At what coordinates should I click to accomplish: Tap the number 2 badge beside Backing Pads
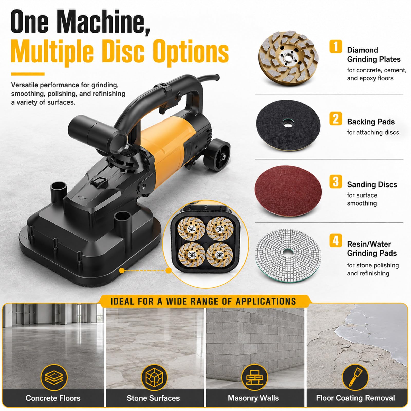(x=335, y=119)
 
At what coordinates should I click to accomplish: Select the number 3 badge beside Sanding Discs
(x=335, y=181)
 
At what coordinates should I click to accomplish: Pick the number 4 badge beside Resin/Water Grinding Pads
(x=335, y=241)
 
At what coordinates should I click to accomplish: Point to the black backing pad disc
(x=288, y=125)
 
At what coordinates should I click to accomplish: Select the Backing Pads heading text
(x=371, y=122)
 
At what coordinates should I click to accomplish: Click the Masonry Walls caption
(x=253, y=398)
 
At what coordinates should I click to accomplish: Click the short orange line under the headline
(x=28, y=74)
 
